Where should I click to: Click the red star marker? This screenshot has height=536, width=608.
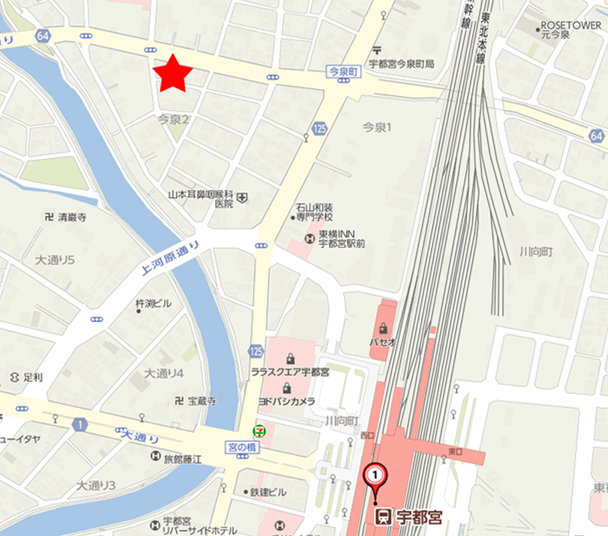[172, 74]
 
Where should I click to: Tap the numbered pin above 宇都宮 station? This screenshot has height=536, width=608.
[375, 476]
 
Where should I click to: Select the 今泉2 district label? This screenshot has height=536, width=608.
[173, 119]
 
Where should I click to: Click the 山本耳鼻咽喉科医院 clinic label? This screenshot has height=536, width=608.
[202, 199]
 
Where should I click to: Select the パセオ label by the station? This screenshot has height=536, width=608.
[383, 342]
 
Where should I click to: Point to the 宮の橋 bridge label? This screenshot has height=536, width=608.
[244, 445]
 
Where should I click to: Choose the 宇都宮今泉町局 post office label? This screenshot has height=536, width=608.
[401, 64]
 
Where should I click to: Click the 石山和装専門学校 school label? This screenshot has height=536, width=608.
[315, 212]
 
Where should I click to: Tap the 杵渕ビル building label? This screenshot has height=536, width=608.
[153, 304]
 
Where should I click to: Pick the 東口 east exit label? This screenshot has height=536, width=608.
[455, 452]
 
